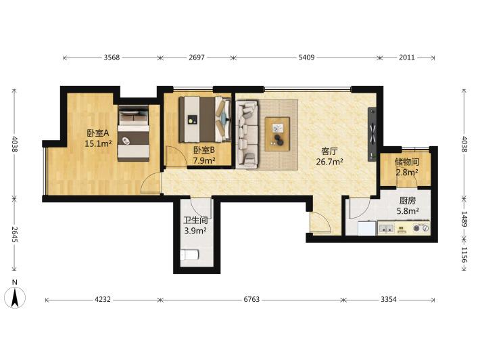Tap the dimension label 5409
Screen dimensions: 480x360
306,58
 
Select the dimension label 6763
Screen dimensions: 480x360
251,299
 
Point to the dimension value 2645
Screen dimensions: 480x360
14,234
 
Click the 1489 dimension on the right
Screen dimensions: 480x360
464,219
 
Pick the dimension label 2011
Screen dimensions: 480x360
407,58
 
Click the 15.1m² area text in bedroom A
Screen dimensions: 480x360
98,143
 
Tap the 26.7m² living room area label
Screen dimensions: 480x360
329,162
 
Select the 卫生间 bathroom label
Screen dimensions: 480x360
195,221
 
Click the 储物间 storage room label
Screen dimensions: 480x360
407,162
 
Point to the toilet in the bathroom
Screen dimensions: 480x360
189,254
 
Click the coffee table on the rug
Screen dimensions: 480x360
277,134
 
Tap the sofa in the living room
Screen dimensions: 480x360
247,134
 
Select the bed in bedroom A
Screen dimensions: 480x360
133,133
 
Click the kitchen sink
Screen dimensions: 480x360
387,228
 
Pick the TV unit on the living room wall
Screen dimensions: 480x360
373,134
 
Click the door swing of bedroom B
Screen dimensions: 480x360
176,156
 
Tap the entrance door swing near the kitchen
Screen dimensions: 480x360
319,222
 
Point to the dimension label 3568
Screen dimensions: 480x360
112,58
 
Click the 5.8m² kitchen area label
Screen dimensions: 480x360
408,211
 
